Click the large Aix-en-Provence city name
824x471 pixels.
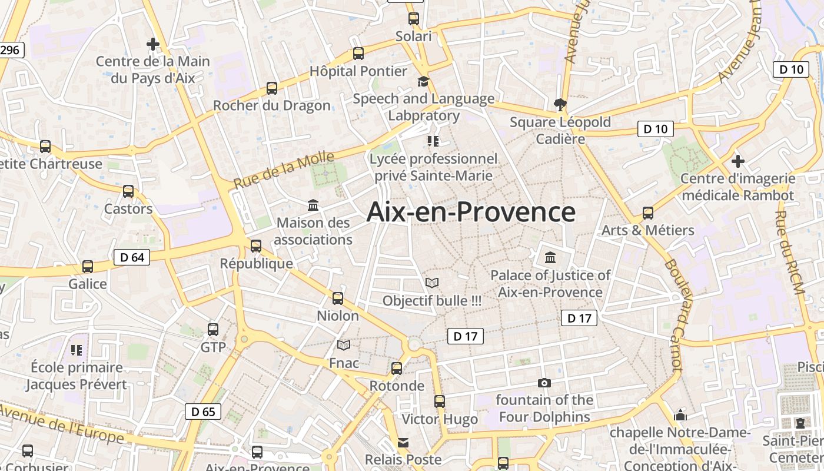click(471, 212)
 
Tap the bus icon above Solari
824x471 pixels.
click(414, 18)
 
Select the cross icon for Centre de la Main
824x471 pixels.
click(153, 44)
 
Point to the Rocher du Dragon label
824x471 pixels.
click(271, 106)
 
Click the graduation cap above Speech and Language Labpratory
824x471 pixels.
click(423, 81)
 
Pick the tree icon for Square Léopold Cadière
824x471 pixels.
click(560, 105)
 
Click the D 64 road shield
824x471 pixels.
click(132, 257)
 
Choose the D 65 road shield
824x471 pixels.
click(204, 412)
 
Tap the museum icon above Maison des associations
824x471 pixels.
click(313, 205)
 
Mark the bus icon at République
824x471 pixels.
click(256, 246)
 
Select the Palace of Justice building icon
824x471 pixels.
click(550, 257)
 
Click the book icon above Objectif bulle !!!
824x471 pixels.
click(432, 283)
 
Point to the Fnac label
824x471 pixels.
click(344, 363)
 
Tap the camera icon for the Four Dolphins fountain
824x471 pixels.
click(544, 383)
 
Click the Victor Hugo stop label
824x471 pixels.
click(440, 419)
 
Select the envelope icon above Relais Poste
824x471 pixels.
click(403, 442)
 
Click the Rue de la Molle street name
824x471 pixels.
click(284, 170)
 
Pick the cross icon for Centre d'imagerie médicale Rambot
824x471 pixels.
click(737, 161)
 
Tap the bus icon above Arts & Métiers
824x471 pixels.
click(648, 213)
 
